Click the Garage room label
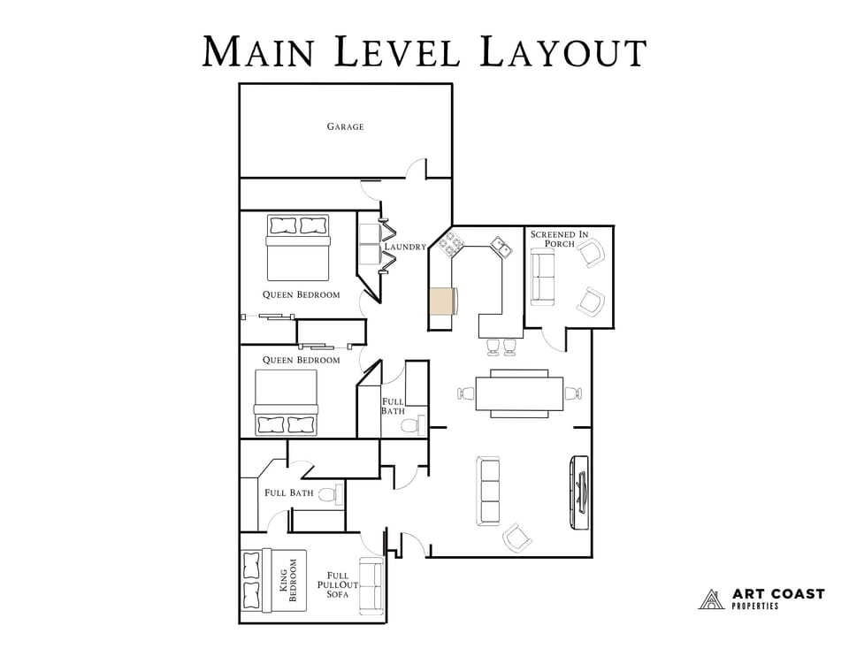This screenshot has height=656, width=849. pos(345,126)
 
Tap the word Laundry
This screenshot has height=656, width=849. pos(405,247)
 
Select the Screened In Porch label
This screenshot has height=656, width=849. pos(559,239)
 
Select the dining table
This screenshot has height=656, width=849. pos(519,394)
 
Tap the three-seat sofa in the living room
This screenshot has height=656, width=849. pos(488,491)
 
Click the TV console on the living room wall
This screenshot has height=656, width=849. pos(580,492)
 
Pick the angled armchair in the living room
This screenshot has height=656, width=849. pos(518,537)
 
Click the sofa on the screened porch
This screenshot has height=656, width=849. pos(542,277)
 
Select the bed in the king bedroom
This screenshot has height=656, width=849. pos(273,580)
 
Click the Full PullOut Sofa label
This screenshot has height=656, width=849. pos(338,584)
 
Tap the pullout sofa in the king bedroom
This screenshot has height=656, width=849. pos(371,587)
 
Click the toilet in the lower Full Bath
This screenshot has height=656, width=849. pos(329,495)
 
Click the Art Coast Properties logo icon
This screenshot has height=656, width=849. pos(711,599)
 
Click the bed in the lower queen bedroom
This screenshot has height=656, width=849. pos(286,402)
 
